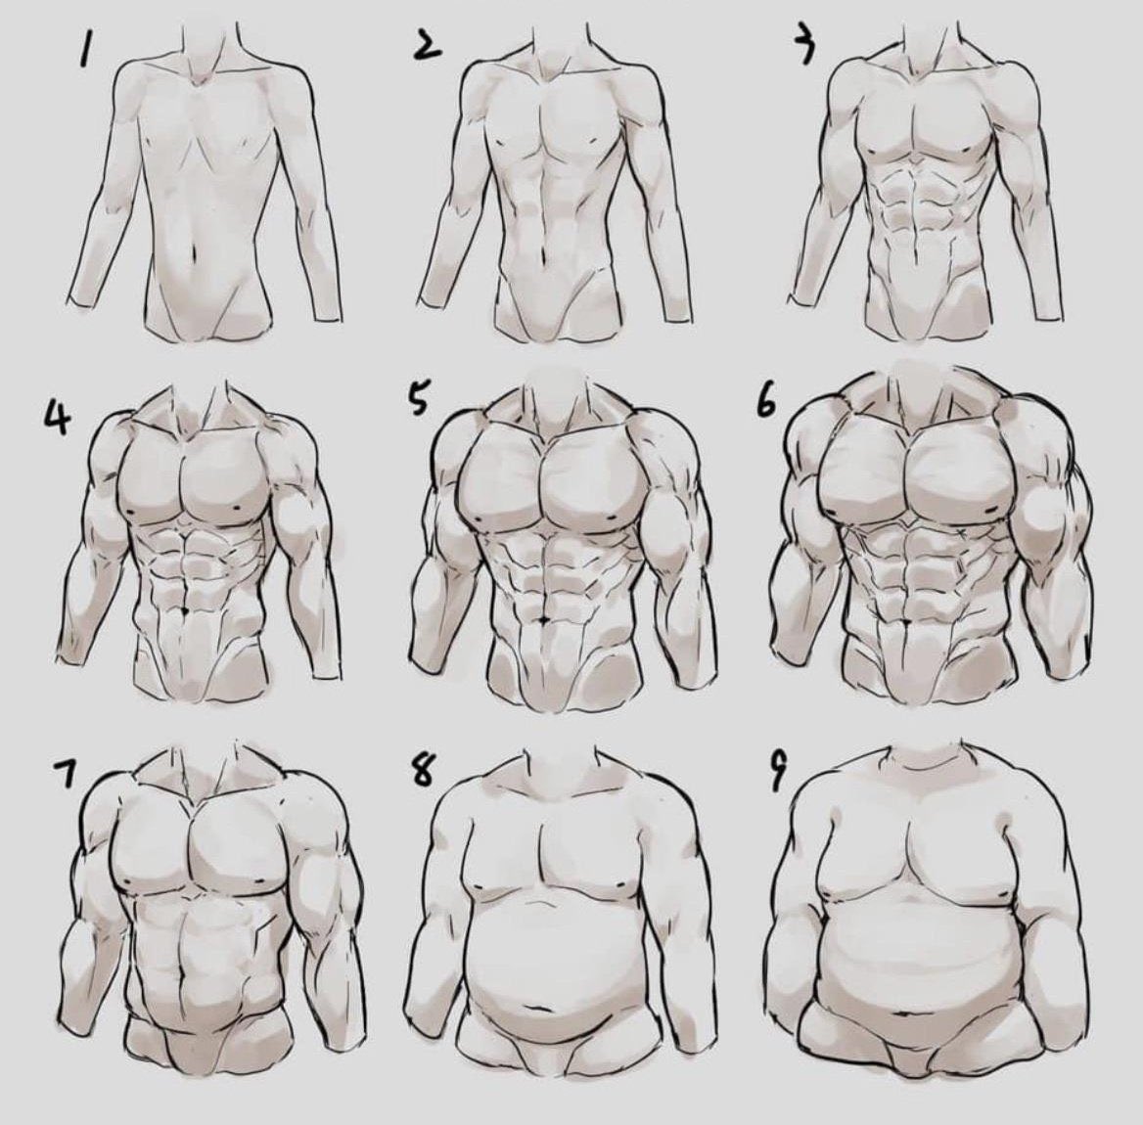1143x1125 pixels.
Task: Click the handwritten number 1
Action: [x=87, y=51]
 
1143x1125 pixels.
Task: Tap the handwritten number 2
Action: [x=428, y=46]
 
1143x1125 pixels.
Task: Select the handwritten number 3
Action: [x=804, y=47]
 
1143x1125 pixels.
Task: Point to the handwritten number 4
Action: [x=58, y=418]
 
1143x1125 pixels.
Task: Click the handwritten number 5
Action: [x=416, y=398]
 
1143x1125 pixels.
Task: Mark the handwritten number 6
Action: [x=764, y=401]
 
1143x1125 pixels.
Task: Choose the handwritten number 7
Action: [x=65, y=773]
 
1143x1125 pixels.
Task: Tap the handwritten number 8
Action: [x=423, y=769]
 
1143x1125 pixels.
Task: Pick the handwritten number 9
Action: [x=779, y=772]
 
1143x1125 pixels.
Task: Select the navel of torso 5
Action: [x=545, y=619]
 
